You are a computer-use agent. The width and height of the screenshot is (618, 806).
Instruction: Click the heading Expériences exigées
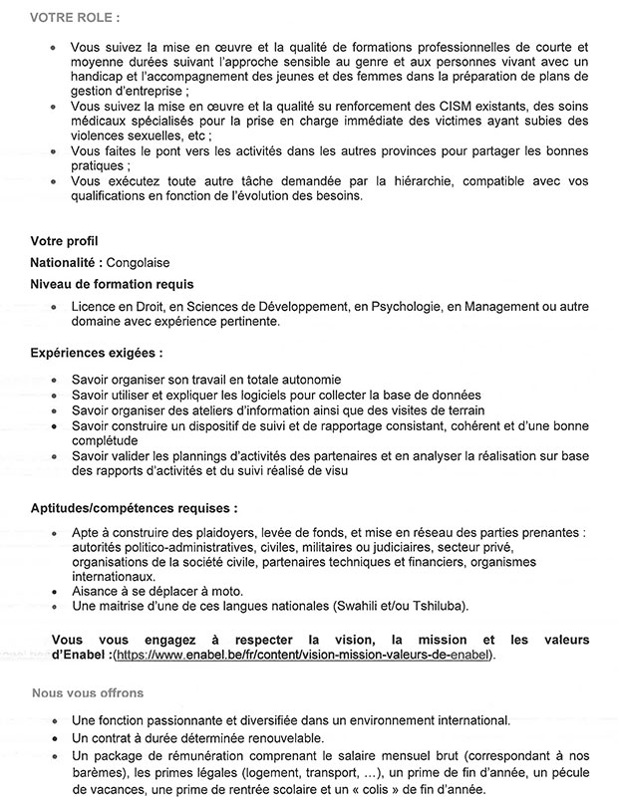(96, 353)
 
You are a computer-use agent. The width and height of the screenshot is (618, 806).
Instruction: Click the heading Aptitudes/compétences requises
(134, 506)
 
